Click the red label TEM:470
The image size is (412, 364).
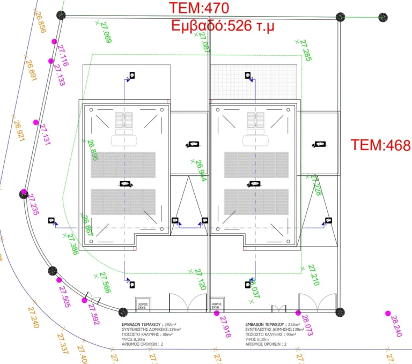tap(199, 8)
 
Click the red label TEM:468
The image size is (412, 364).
tap(380, 145)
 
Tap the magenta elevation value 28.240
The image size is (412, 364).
tap(396, 326)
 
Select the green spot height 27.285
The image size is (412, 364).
tap(305, 51)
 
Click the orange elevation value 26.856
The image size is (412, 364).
tap(39, 21)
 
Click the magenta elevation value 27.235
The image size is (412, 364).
tap(33, 205)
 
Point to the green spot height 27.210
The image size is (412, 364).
tap(313, 276)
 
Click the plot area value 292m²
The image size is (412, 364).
tap(170, 325)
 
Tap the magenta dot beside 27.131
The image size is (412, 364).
tap(36, 123)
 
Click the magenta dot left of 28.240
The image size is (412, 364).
tap(388, 313)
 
